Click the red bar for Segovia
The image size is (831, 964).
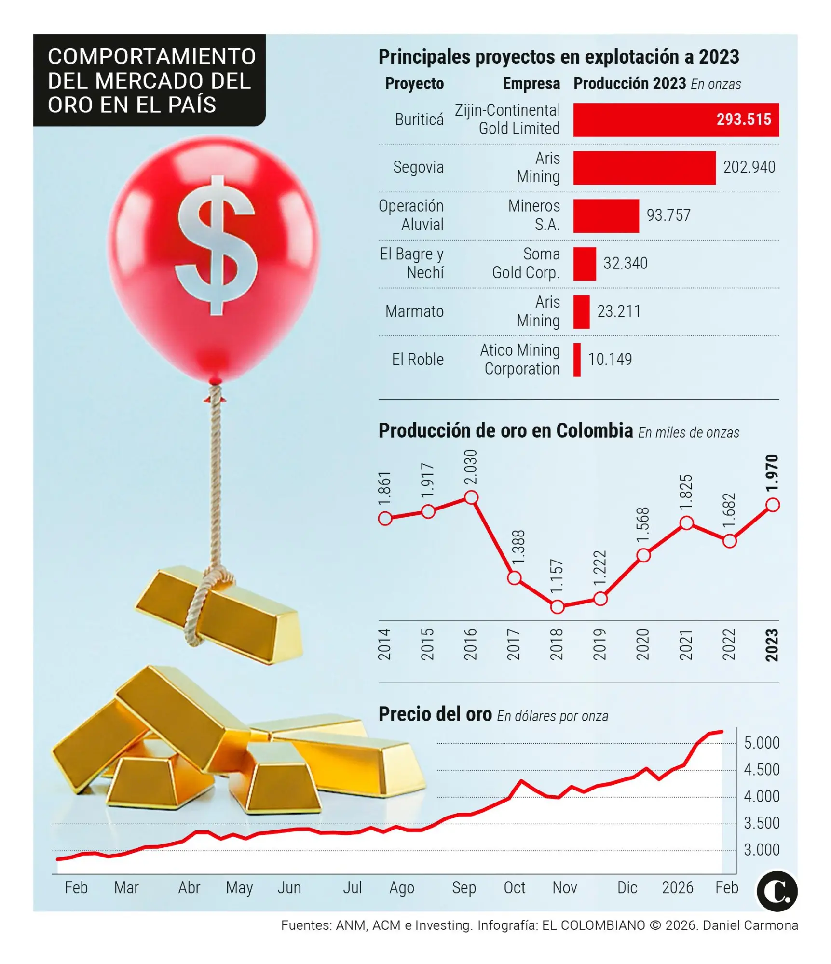(644, 168)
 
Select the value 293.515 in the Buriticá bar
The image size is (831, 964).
(743, 120)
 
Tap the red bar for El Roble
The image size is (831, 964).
(577, 360)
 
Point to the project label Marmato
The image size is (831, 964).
(414, 311)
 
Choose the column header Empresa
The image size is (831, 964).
(531, 84)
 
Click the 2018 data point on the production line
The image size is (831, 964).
(557, 607)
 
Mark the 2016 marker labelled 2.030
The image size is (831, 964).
(471, 497)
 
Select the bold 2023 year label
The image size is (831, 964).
(772, 645)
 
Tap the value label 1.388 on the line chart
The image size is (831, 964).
(518, 548)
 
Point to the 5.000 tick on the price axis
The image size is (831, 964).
(762, 743)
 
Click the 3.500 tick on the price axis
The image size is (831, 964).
(762, 823)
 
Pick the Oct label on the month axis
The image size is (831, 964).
(514, 887)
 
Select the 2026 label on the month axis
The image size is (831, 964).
(677, 887)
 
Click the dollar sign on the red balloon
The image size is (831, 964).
(216, 245)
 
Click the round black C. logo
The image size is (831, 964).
(777, 891)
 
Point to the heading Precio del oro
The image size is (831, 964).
(435, 714)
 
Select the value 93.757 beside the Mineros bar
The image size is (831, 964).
(668, 215)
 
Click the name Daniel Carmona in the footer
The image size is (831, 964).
(750, 925)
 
